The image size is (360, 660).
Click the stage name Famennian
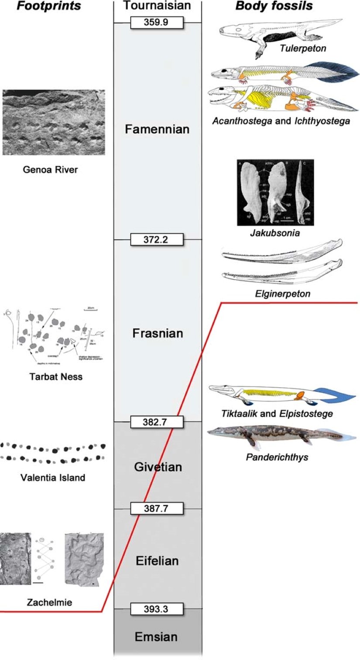157,129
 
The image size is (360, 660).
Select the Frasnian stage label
157,333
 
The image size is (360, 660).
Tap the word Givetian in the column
157,467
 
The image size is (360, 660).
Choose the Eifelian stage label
157,560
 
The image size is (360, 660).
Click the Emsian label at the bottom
156,636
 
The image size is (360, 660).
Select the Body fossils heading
274,6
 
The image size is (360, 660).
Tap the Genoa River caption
50,170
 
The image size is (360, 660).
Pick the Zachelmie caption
49,603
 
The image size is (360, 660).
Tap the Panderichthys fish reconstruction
279,436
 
